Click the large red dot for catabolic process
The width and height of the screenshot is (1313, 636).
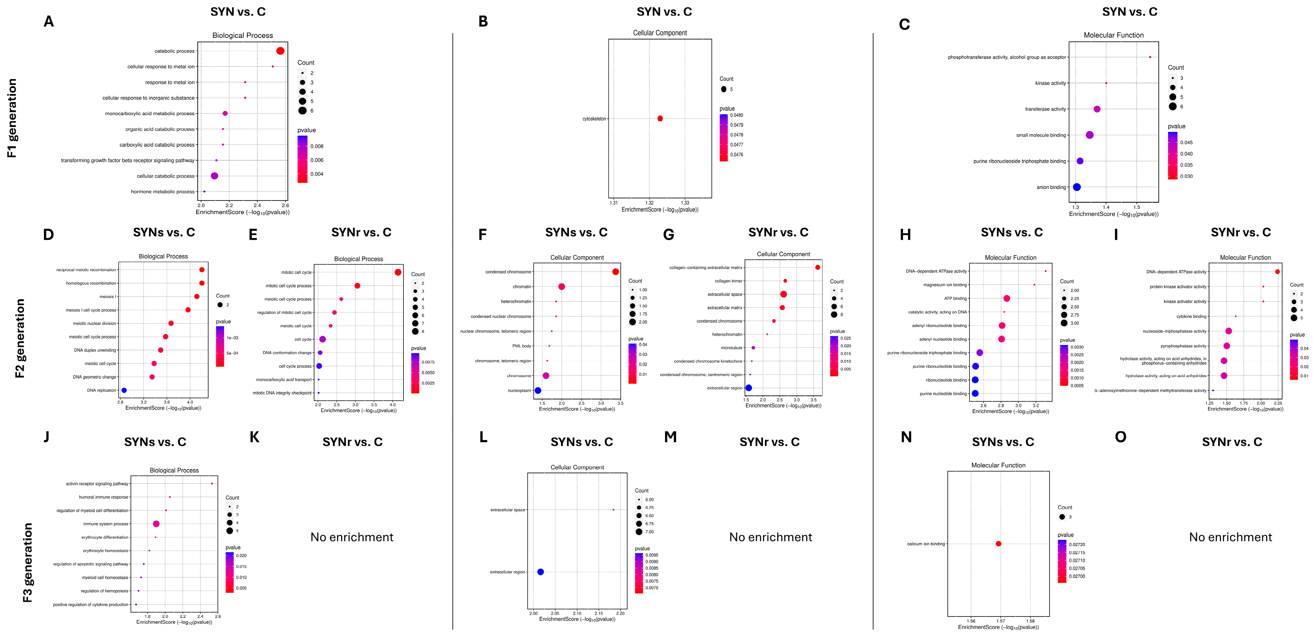(x=280, y=51)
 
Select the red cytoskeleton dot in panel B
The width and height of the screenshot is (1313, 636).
(x=660, y=118)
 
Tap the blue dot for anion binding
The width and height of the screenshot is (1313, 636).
(x=1076, y=187)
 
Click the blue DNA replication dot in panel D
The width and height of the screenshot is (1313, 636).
(x=124, y=390)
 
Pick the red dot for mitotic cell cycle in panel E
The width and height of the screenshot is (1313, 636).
(x=398, y=272)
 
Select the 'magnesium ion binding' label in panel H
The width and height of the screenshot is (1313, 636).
(x=945, y=285)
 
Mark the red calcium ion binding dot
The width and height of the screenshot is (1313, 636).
(x=999, y=544)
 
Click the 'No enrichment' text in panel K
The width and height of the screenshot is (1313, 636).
(x=352, y=537)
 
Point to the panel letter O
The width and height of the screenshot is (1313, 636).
(x=1120, y=437)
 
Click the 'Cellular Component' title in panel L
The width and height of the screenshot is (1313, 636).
(x=577, y=467)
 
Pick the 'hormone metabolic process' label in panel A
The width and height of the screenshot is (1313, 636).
(x=163, y=192)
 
